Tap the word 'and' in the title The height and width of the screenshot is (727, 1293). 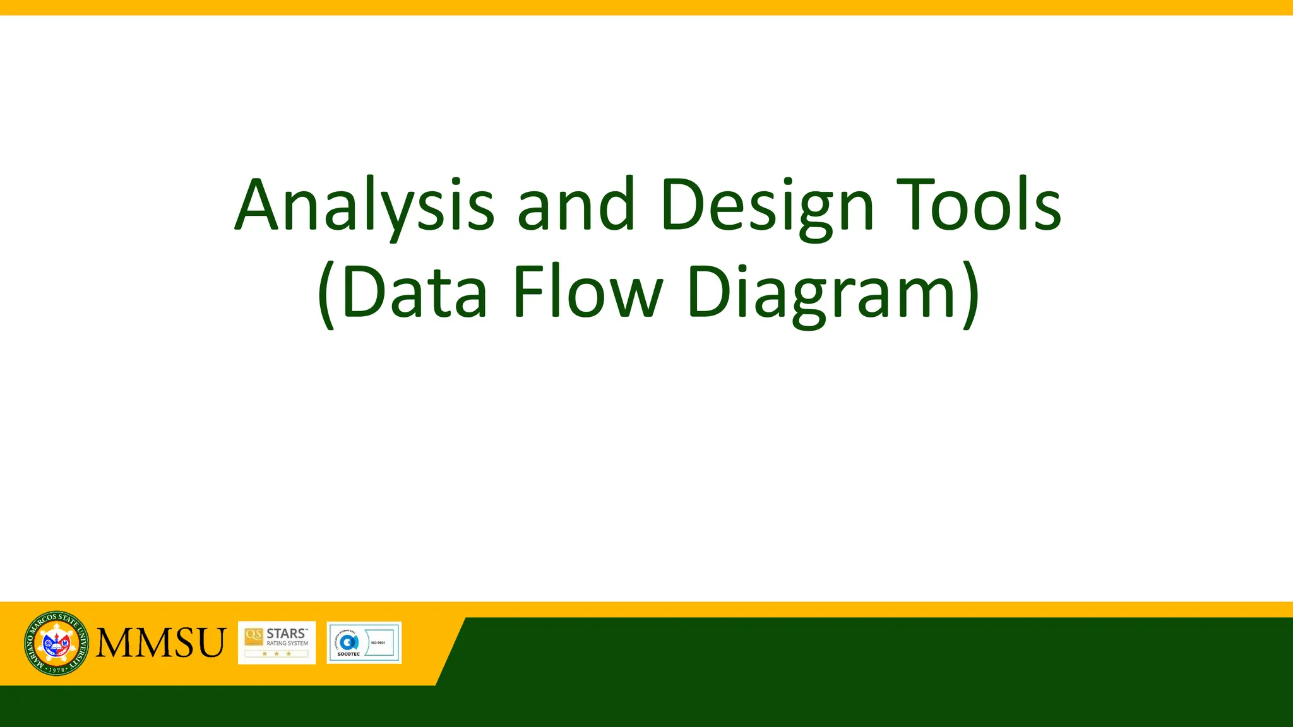tap(575, 205)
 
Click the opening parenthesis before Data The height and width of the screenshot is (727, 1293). tap(325, 294)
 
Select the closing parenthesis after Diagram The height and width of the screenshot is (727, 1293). tap(970, 294)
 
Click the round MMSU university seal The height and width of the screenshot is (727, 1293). tap(56, 643)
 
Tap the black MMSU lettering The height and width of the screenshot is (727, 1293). tap(160, 643)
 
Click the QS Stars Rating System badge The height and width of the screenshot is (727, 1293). tap(277, 642)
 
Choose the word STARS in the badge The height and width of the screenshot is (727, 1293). tap(286, 633)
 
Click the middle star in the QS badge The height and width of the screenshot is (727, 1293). tap(277, 654)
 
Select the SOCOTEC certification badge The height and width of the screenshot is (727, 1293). tap(364, 642)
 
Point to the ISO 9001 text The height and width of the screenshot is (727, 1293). tap(378, 642)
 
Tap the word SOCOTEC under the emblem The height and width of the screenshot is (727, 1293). tap(348, 654)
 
